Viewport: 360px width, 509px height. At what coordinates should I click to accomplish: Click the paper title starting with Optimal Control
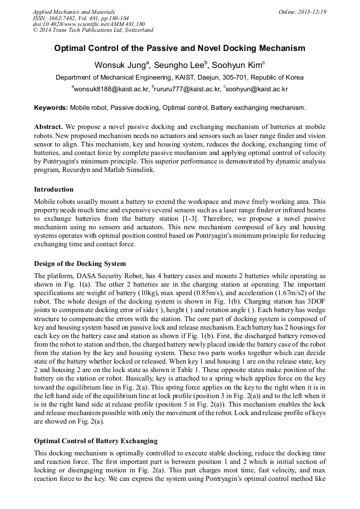coord(179,48)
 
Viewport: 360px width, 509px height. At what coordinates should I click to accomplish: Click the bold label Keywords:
coord(51,108)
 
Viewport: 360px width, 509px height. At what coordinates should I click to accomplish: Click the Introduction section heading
coord(54,189)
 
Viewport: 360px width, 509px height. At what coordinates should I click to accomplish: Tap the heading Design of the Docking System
coord(80,263)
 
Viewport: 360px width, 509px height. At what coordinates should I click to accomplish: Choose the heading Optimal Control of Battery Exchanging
coord(96,441)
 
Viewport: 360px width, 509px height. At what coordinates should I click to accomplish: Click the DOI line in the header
coord(89,24)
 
